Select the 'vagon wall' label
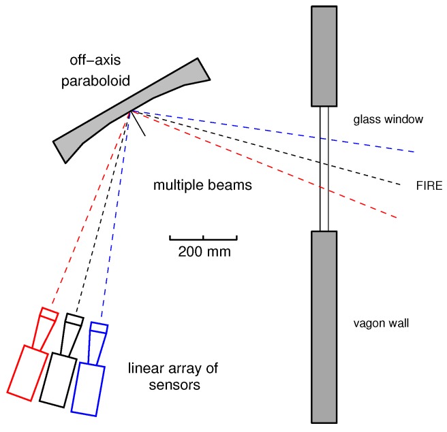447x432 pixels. pyautogui.click(x=382, y=323)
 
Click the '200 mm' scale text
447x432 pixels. pyautogui.click(x=204, y=252)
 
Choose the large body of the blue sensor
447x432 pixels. pyautogui.click(x=90, y=388)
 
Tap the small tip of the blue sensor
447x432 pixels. pyautogui.click(x=99, y=328)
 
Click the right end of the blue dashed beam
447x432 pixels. pyautogui.click(x=413, y=151)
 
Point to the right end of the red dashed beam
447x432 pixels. pyautogui.click(x=396, y=216)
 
